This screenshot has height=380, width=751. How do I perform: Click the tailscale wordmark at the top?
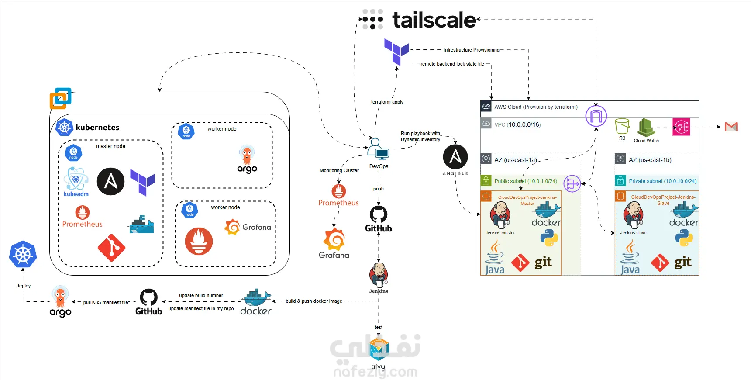pyautogui.click(x=434, y=20)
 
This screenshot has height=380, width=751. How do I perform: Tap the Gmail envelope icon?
pyautogui.click(x=731, y=127)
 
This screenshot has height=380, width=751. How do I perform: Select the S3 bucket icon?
pyautogui.click(x=622, y=126)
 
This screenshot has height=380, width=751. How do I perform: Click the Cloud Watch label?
pyautogui.click(x=646, y=141)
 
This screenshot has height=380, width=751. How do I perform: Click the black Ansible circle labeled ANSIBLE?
pyautogui.click(x=455, y=157)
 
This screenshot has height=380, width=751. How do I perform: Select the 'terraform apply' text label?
pyautogui.click(x=387, y=102)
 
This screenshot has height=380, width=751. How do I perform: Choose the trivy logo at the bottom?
pyautogui.click(x=379, y=350)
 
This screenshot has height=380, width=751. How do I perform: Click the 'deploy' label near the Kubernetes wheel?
pyautogui.click(x=24, y=286)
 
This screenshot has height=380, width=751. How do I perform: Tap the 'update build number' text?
pyautogui.click(x=201, y=295)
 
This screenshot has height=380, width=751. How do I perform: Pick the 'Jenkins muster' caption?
pyautogui.click(x=500, y=233)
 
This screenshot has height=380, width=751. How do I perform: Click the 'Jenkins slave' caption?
pyautogui.click(x=633, y=233)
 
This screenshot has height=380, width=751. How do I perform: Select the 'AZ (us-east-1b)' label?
pyautogui.click(x=650, y=160)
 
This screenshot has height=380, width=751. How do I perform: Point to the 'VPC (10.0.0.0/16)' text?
pyautogui.click(x=517, y=124)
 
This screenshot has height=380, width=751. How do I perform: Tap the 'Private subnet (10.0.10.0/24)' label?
pyautogui.click(x=662, y=181)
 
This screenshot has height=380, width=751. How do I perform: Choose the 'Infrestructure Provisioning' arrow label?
pyautogui.click(x=471, y=50)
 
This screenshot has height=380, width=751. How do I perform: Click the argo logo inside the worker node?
pyautogui.click(x=247, y=159)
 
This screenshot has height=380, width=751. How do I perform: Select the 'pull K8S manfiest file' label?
pyautogui.click(x=106, y=302)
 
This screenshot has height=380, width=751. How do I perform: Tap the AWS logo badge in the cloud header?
pyautogui.click(x=486, y=106)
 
